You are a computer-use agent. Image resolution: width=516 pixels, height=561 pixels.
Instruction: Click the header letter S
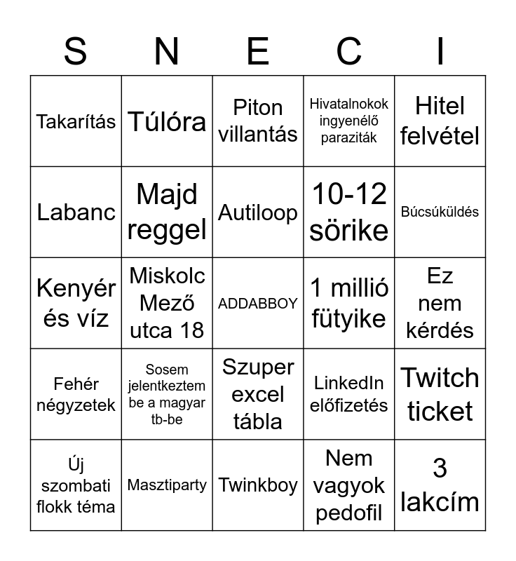click(75, 50)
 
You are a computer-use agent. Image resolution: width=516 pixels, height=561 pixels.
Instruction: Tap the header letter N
click(166, 50)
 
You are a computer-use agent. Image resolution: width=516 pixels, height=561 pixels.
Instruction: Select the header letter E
click(258, 50)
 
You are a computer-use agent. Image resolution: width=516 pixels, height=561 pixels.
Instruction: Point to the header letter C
click(348, 50)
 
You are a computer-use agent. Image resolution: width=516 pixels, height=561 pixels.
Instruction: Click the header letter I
click(440, 50)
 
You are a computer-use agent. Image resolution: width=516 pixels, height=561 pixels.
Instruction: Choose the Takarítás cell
click(76, 121)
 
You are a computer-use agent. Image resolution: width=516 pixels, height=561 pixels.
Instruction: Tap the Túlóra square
click(167, 121)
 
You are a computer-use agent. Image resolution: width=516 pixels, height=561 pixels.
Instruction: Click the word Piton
click(258, 107)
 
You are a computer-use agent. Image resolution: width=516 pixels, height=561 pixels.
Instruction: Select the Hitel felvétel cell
click(440, 121)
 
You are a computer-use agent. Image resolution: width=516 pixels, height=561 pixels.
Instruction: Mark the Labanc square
click(76, 212)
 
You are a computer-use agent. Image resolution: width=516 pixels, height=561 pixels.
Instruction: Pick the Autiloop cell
click(258, 212)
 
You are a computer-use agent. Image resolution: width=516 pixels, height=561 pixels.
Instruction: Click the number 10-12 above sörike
click(348, 194)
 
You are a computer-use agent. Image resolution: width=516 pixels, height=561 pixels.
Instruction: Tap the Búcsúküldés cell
click(440, 212)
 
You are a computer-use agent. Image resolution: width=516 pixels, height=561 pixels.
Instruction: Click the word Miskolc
click(167, 276)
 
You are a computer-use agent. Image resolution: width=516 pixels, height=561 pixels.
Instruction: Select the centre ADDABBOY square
click(258, 304)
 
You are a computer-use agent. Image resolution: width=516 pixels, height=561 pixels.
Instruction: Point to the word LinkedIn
click(348, 383)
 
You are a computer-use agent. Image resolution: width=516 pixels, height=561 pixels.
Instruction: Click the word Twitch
click(440, 378)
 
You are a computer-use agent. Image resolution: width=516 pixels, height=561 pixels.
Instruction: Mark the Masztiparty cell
click(167, 485)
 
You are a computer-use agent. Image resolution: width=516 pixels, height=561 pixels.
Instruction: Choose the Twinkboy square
click(258, 485)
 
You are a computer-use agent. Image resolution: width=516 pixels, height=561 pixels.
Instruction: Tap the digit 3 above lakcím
click(440, 468)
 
